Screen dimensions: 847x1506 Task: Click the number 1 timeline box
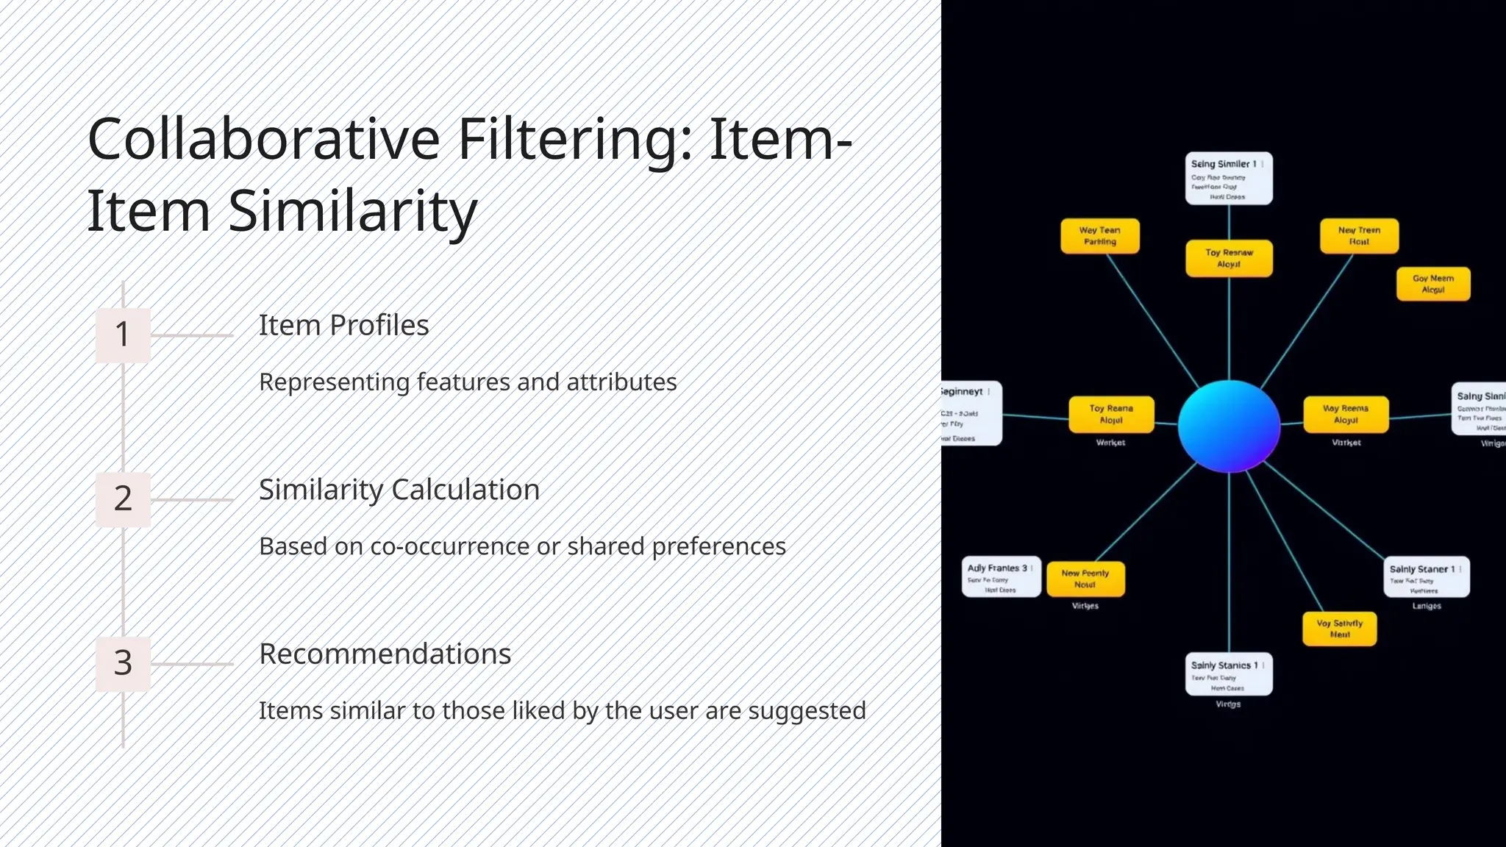(x=123, y=335)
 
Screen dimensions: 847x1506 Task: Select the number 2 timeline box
(x=123, y=498)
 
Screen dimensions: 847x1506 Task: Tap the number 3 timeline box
(x=123, y=662)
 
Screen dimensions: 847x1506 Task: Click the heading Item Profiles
(x=343, y=325)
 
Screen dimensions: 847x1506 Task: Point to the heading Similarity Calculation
(x=399, y=490)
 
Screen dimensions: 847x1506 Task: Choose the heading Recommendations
(x=385, y=654)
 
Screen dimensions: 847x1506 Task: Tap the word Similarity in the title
(x=353, y=211)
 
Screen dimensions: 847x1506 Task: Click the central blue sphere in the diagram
(x=1229, y=426)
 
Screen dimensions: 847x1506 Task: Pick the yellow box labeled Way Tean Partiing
(x=1099, y=236)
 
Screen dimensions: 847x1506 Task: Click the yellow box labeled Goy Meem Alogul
(x=1432, y=284)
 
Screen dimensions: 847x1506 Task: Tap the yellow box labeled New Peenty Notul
(x=1085, y=579)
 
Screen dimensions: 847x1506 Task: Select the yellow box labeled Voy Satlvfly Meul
(x=1339, y=629)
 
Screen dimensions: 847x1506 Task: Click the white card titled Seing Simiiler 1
(x=1228, y=179)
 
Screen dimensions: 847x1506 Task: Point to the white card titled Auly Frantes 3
(x=1000, y=576)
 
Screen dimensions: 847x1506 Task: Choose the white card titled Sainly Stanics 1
(x=1228, y=674)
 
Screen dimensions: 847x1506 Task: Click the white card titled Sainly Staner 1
(x=1426, y=577)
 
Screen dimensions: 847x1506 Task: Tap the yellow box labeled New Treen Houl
(x=1359, y=236)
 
